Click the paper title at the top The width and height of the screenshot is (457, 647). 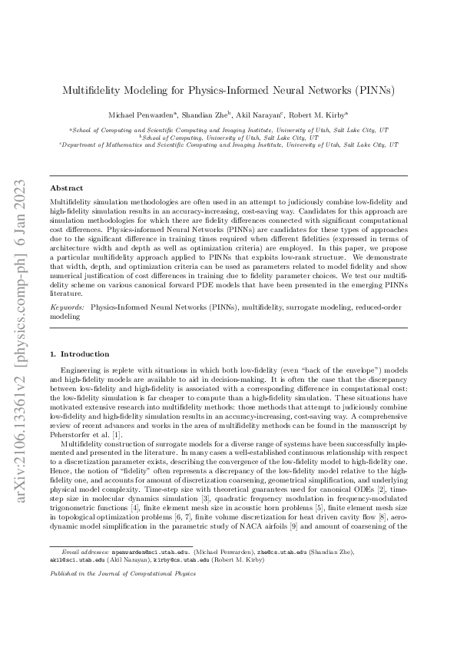229,89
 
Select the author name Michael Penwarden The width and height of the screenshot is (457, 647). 141,114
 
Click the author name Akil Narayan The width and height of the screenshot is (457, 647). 270,114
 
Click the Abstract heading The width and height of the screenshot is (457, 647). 67,187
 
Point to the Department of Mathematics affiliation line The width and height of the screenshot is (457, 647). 229,144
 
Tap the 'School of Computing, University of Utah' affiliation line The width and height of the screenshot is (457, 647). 228,137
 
